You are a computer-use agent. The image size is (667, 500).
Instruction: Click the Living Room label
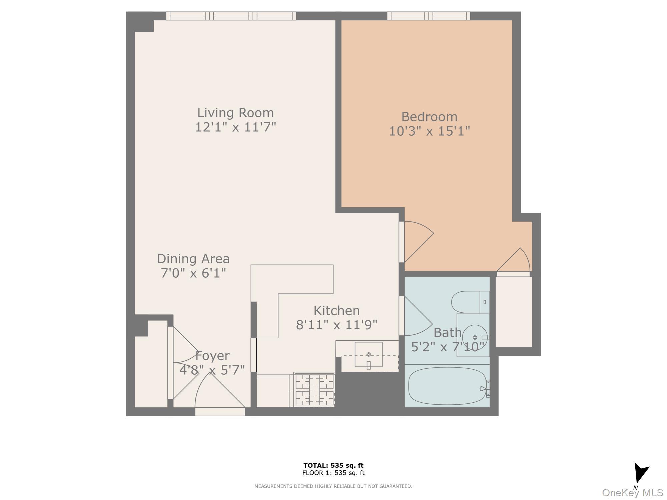coord(235,113)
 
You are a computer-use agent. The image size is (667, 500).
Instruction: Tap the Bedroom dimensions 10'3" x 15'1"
coord(430,131)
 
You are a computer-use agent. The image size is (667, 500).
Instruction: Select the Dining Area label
coord(193,259)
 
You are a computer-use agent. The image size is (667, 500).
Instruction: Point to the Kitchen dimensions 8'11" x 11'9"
coord(337,324)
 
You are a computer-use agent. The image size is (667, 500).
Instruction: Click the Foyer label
coord(212,356)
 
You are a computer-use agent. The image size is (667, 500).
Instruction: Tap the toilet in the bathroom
coord(470,302)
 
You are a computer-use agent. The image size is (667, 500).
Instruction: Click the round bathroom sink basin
coord(475,337)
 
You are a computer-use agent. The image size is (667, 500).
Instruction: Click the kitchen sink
coord(368,354)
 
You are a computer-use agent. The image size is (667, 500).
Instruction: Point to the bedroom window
coord(429,16)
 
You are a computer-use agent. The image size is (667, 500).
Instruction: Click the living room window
coord(231,16)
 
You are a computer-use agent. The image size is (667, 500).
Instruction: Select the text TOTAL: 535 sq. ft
coord(333,465)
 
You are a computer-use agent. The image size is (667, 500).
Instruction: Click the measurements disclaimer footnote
coord(333,486)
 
